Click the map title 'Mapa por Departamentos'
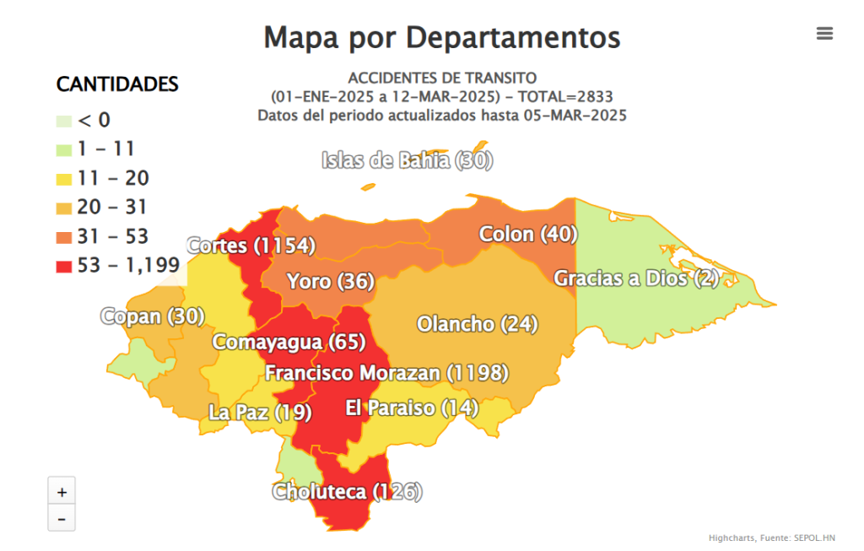(x=441, y=38)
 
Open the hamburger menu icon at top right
(x=824, y=34)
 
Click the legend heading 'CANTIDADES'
(x=117, y=84)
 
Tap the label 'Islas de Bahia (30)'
(x=407, y=160)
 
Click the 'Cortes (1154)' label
(x=251, y=246)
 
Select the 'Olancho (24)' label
(x=478, y=324)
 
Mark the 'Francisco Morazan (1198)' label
(x=387, y=372)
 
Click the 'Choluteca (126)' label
(x=347, y=491)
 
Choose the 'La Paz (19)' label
(x=260, y=412)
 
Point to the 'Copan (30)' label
(x=153, y=316)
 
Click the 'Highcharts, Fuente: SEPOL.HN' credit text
(x=771, y=537)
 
